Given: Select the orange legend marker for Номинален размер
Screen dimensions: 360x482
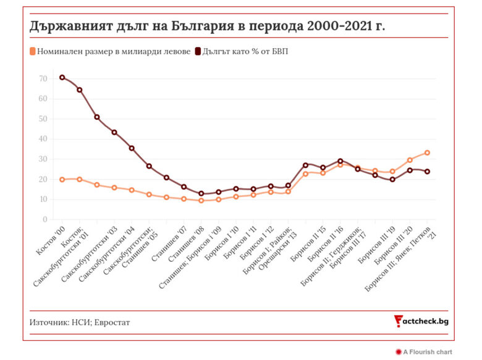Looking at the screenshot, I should pyautogui.click(x=33, y=51).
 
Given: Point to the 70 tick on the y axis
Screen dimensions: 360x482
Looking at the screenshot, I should pyautogui.click(x=43, y=78).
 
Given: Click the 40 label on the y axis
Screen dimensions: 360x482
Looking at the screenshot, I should pyautogui.click(x=43, y=139).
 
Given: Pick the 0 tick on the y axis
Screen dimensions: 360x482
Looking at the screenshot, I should pyautogui.click(x=44, y=219).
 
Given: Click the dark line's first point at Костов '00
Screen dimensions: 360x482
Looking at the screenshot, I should pyautogui.click(x=62, y=77).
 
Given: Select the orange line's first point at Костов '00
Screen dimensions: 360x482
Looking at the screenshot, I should pyautogui.click(x=62, y=179).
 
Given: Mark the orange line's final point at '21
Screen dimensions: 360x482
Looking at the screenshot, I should pyautogui.click(x=427, y=153).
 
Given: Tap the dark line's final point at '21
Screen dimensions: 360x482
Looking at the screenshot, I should pyautogui.click(x=427, y=172).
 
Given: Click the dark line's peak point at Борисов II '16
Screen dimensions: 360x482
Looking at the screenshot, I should pyautogui.click(x=340, y=161).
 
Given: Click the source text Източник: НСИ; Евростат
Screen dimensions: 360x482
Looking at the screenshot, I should pyautogui.click(x=80, y=322).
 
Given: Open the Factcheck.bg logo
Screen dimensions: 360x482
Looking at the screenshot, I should pyautogui.click(x=421, y=321).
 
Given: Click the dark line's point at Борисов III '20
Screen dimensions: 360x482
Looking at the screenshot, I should pyautogui.click(x=410, y=170).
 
